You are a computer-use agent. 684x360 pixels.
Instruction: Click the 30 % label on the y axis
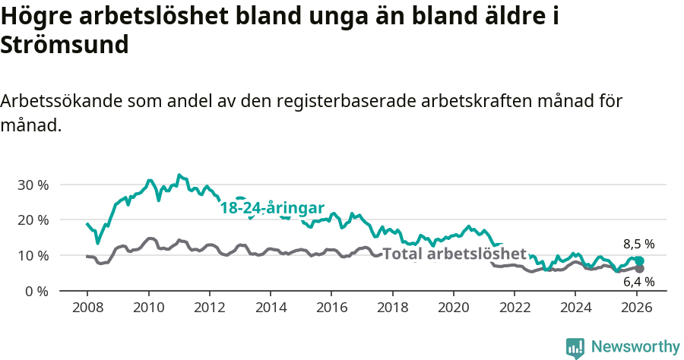coord(33,185)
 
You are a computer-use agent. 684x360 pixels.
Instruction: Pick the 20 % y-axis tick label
coord(33,219)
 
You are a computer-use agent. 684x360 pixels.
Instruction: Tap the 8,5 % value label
coord(638,245)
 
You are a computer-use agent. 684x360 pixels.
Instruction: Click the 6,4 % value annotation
coord(638,282)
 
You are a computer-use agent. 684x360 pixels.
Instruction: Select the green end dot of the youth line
coord(639,261)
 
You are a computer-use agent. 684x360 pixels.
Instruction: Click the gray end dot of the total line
coord(639,269)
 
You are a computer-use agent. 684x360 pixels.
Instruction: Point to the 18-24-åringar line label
coord(272,207)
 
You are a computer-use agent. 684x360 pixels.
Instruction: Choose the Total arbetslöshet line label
coord(454,254)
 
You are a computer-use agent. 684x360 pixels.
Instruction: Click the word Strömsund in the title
coord(65,45)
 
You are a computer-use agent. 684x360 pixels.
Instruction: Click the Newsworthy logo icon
coord(575,347)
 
